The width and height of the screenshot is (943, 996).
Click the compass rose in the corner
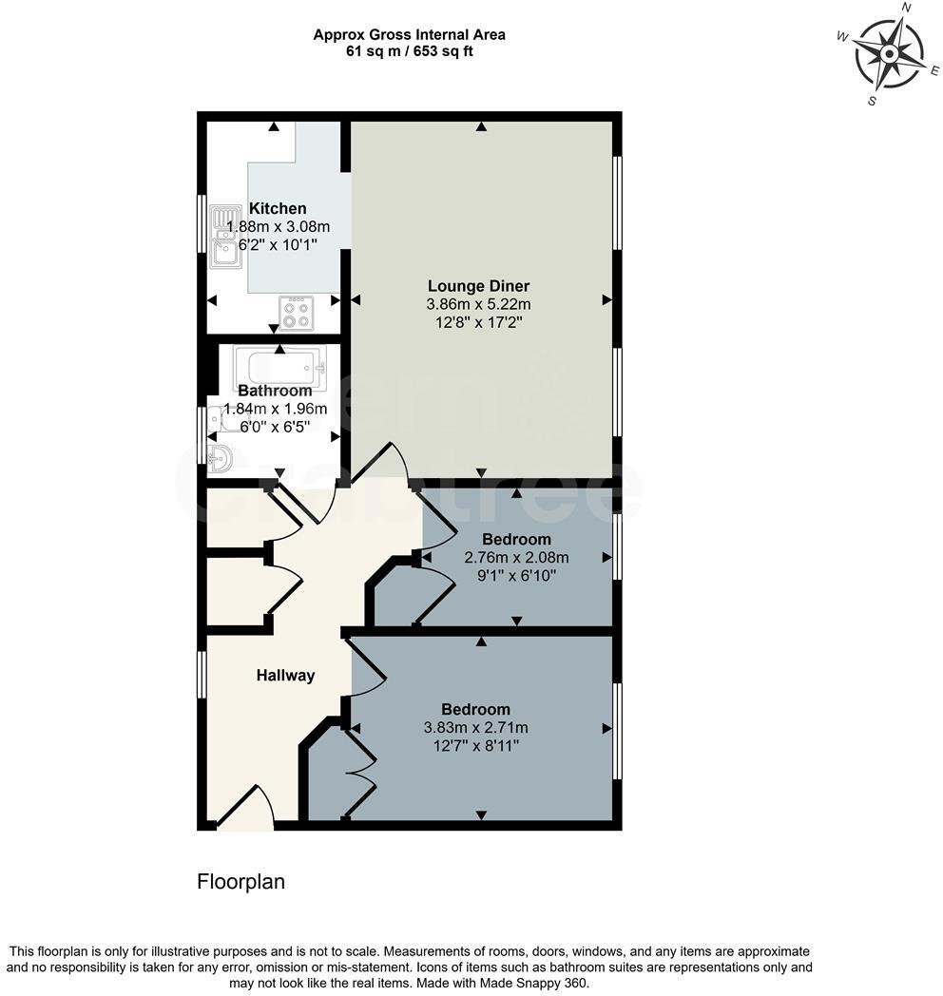(x=888, y=54)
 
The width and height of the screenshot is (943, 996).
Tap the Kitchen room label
(x=278, y=209)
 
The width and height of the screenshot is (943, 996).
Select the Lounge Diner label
(x=478, y=286)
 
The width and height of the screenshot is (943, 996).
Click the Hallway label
(x=285, y=676)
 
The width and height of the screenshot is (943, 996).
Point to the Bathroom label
(x=275, y=391)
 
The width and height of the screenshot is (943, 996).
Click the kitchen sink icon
(x=224, y=236)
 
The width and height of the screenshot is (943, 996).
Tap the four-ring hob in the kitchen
(x=296, y=313)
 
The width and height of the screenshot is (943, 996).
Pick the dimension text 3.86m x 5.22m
(x=478, y=305)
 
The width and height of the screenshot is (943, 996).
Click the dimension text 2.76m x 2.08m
(x=516, y=558)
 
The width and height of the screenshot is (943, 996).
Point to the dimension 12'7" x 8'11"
(x=475, y=746)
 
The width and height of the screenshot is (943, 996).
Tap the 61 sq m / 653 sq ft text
(x=410, y=51)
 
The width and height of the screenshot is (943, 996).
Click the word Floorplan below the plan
(x=241, y=882)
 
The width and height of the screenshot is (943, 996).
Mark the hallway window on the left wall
(x=202, y=676)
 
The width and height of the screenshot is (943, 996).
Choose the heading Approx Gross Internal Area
(x=410, y=35)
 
